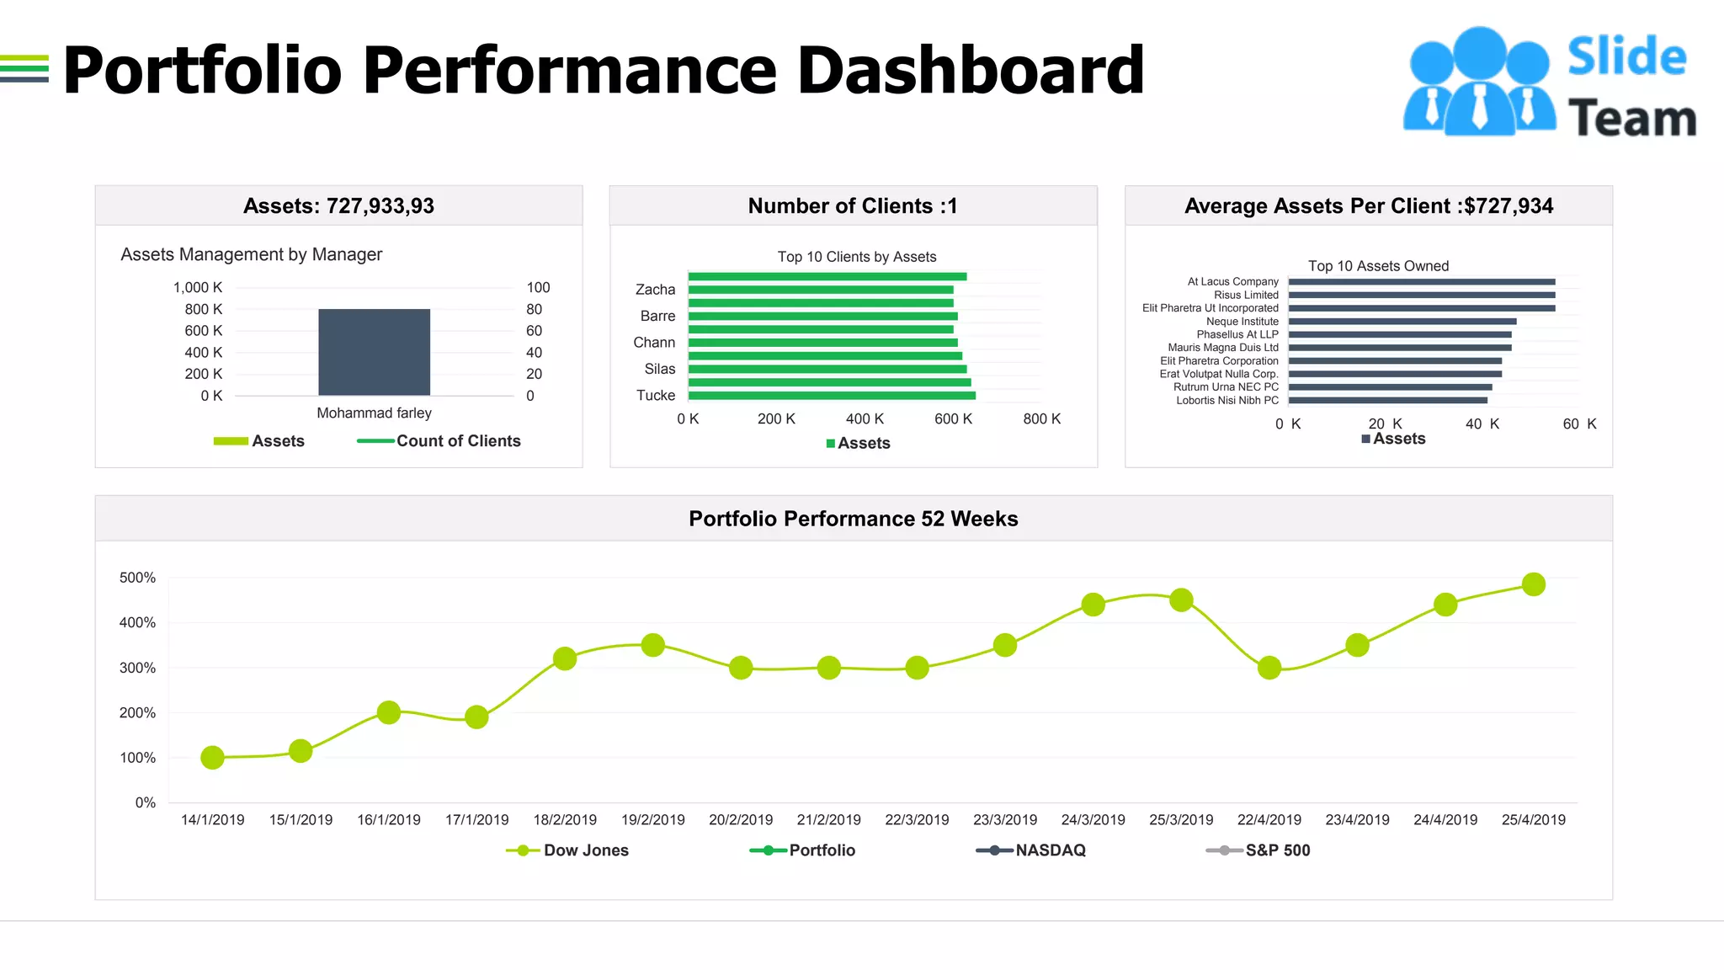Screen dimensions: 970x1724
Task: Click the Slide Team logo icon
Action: [1479, 83]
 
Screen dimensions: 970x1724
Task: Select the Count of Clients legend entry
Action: [439, 441]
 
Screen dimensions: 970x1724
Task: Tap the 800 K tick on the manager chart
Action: [204, 309]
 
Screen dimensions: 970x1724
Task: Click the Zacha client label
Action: [655, 290]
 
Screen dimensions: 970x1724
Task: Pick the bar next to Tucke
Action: [831, 396]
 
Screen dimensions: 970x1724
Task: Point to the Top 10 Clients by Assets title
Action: [856, 257]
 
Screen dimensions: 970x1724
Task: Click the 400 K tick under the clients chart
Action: [865, 419]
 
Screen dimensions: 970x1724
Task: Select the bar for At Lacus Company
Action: [1421, 282]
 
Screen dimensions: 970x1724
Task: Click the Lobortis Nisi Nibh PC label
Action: [1226, 401]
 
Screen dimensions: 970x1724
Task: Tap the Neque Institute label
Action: [1242, 322]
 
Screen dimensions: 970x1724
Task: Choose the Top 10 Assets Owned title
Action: [1378, 266]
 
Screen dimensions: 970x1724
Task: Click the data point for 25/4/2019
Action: [1533, 584]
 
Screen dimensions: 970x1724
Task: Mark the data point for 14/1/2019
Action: [213, 758]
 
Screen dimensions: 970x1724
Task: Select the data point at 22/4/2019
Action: [1269, 669]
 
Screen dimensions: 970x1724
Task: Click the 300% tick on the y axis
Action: [137, 668]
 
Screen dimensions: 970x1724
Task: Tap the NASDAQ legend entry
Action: [1031, 850]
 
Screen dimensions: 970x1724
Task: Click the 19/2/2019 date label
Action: [652, 820]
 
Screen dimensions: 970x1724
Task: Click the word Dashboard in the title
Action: [970, 71]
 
